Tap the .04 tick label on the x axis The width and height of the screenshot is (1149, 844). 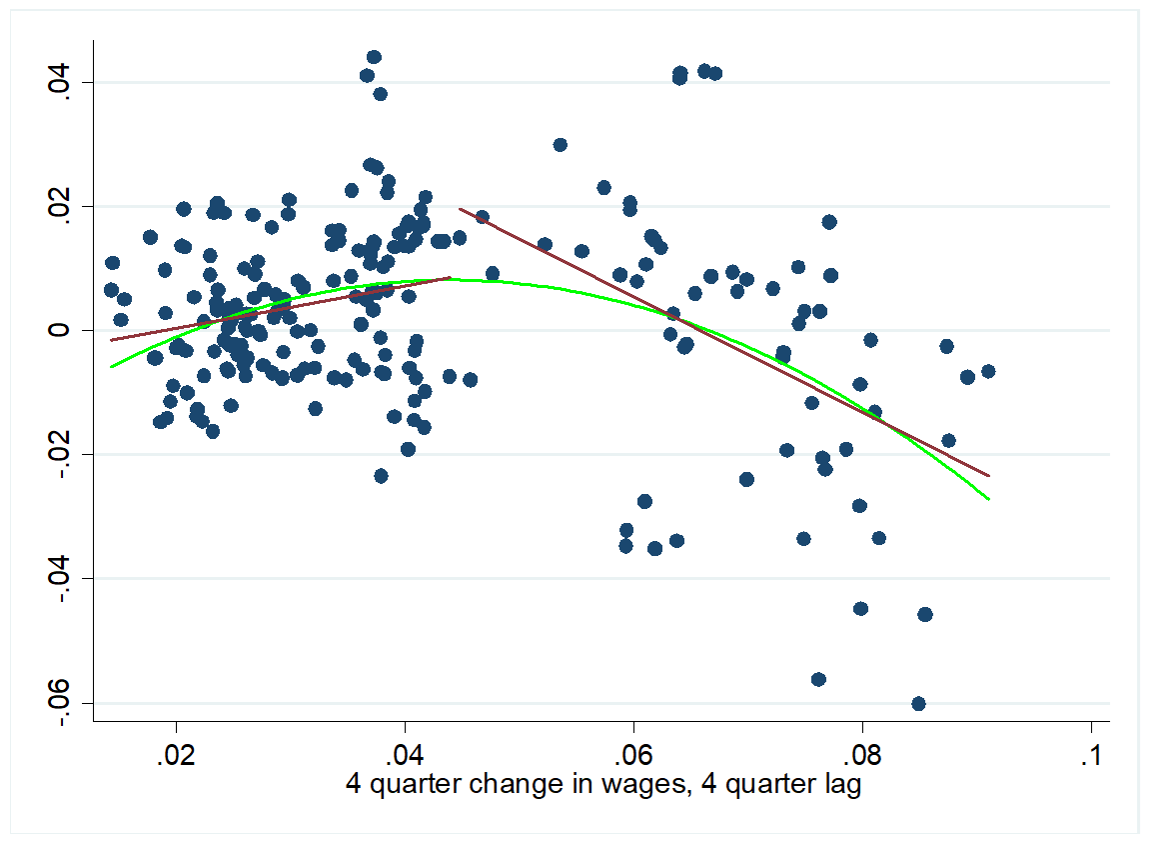point(405,752)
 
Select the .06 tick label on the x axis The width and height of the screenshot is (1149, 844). point(632,752)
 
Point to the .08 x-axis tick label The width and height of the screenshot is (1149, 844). point(861,752)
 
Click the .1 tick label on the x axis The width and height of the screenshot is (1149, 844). point(1091,752)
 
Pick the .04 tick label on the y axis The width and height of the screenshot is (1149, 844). point(61,81)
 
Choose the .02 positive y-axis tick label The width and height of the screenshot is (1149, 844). point(61,206)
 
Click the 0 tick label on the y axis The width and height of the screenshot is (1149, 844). point(61,330)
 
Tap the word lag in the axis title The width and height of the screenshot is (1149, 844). point(839,785)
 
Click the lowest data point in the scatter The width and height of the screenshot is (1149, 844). point(918,703)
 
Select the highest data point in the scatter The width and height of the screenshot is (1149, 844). point(374,57)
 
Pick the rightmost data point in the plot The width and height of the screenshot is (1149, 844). point(988,371)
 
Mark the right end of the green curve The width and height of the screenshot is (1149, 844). point(989,498)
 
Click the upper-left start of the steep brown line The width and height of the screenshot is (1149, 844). point(460,209)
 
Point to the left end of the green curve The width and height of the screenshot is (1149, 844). point(111,367)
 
